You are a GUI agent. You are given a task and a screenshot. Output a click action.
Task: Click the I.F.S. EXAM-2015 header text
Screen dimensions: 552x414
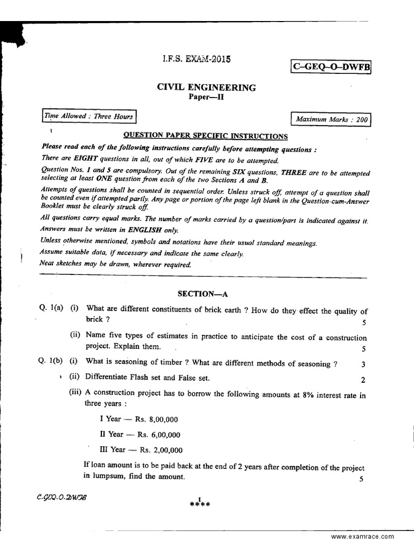click(196, 59)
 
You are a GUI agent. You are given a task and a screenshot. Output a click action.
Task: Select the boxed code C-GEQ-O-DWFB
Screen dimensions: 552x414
click(331, 66)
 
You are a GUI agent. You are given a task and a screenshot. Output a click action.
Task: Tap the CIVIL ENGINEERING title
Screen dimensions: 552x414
click(206, 87)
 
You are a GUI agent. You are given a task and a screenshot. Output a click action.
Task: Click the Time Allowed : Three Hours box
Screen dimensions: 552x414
click(89, 116)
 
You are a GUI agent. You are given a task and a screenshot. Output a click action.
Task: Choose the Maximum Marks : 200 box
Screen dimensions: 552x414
click(331, 119)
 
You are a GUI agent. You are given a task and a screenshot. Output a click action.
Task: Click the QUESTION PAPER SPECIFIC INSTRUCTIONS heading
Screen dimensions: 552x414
click(206, 136)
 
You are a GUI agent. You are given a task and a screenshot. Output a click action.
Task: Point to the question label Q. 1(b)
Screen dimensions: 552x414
click(51, 363)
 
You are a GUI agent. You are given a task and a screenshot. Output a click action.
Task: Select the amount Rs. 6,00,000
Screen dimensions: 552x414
click(159, 434)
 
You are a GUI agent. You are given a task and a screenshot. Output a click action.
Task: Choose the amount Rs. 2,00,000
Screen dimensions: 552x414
click(160, 450)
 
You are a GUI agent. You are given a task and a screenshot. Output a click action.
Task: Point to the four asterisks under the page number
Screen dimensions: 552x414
click(199, 505)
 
